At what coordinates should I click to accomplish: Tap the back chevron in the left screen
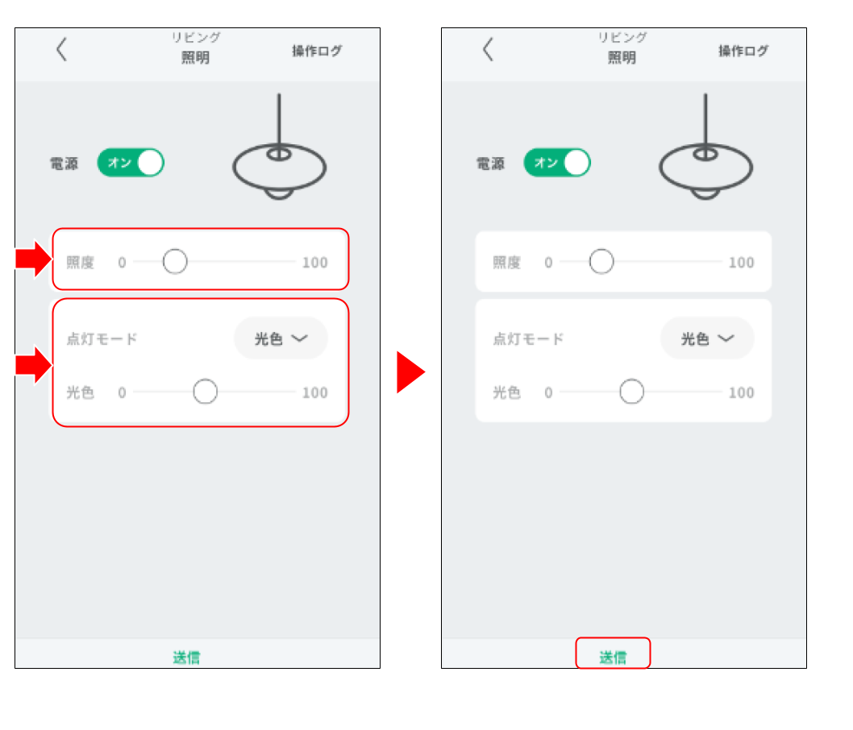(x=61, y=49)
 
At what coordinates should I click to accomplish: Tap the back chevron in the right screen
(x=488, y=49)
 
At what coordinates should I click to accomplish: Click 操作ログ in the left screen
(x=317, y=51)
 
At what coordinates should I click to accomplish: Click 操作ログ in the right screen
(x=743, y=51)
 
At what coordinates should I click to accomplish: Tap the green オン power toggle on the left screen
(x=131, y=163)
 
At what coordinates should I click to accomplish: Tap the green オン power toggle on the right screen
(x=557, y=163)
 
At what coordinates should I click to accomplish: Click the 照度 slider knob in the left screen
(x=175, y=261)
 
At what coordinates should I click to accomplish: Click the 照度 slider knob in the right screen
(x=601, y=261)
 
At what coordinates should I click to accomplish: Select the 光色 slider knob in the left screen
(x=205, y=392)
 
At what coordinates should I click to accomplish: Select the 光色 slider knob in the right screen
(x=631, y=392)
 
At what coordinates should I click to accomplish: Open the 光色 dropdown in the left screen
(x=281, y=338)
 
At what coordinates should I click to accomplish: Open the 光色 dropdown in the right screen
(x=707, y=338)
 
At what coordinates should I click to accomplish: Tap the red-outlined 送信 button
(x=613, y=653)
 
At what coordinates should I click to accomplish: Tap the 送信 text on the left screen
(x=186, y=657)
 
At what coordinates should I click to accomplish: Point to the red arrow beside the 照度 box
(x=34, y=259)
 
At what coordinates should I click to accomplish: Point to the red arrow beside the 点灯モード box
(x=34, y=365)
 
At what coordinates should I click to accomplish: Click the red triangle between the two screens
(x=410, y=372)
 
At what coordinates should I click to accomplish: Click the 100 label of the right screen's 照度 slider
(x=742, y=263)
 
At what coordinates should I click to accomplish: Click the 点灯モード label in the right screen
(x=528, y=338)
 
